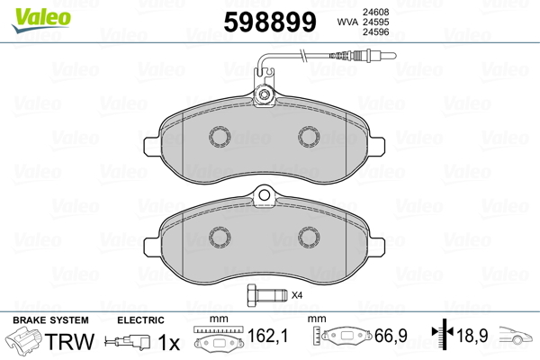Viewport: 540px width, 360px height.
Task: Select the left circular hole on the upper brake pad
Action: pyautogui.click(x=219, y=136)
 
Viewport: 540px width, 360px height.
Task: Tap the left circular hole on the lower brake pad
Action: pyautogui.click(x=219, y=235)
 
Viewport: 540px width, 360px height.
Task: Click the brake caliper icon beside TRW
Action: pyautogui.click(x=24, y=343)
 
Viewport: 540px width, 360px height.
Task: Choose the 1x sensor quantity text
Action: pyautogui.click(x=167, y=343)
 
